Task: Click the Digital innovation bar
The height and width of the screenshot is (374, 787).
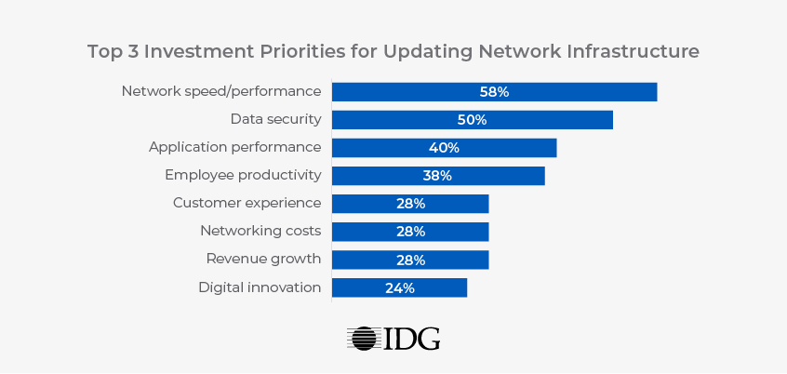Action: [437, 287]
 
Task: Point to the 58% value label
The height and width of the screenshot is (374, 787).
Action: [494, 91]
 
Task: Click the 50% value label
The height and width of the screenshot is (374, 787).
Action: [472, 119]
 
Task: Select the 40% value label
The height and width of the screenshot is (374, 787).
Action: [444, 147]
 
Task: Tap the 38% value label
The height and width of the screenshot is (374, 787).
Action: [437, 175]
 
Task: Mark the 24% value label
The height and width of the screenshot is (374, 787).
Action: [399, 287]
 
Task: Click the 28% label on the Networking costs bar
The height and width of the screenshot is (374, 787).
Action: [410, 232]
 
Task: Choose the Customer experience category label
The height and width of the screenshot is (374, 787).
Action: [247, 203]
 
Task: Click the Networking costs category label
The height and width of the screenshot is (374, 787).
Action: [260, 231]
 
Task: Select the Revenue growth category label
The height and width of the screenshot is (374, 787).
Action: [263, 259]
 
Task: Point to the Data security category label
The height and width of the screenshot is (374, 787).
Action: [275, 119]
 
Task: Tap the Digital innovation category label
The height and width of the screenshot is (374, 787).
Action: [260, 287]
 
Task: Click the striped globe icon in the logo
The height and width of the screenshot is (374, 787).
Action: [363, 338]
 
